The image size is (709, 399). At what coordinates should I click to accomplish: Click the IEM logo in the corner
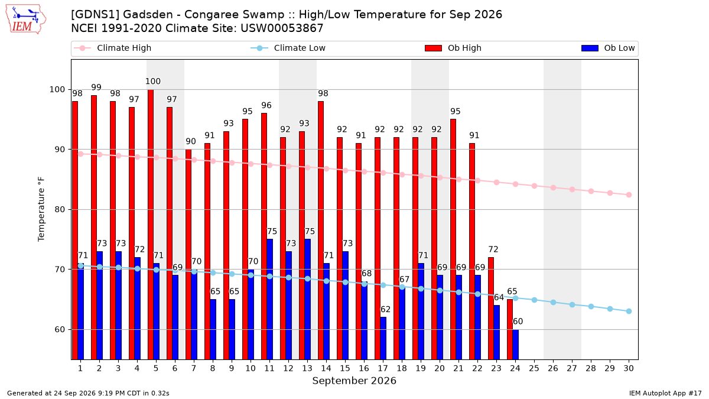click(25, 20)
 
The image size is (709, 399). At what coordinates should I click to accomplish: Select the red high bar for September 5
click(150, 225)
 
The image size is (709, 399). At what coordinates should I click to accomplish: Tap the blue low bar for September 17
click(383, 338)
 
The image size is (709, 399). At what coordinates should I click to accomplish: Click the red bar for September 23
click(490, 309)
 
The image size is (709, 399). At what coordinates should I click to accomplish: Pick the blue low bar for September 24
click(515, 345)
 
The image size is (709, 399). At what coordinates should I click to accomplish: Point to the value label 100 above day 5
click(153, 82)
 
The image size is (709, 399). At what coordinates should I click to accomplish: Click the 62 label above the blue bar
click(385, 309)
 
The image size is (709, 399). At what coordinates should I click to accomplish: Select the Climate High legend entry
click(113, 48)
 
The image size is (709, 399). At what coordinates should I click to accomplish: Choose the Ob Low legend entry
click(608, 48)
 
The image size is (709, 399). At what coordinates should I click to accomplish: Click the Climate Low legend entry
click(288, 48)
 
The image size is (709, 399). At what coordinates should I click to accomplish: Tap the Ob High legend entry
click(453, 48)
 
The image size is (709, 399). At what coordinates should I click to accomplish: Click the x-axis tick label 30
click(629, 368)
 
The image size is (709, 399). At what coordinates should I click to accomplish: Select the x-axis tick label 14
click(326, 368)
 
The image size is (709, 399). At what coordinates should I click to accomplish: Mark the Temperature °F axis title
click(41, 209)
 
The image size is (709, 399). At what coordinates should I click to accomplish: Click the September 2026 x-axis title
click(354, 381)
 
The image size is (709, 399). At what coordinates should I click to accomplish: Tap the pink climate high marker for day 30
click(629, 194)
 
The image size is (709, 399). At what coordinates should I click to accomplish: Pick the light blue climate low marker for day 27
click(572, 304)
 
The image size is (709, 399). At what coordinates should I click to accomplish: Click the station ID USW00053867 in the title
click(282, 28)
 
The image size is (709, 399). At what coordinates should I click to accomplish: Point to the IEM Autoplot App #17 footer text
click(665, 393)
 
